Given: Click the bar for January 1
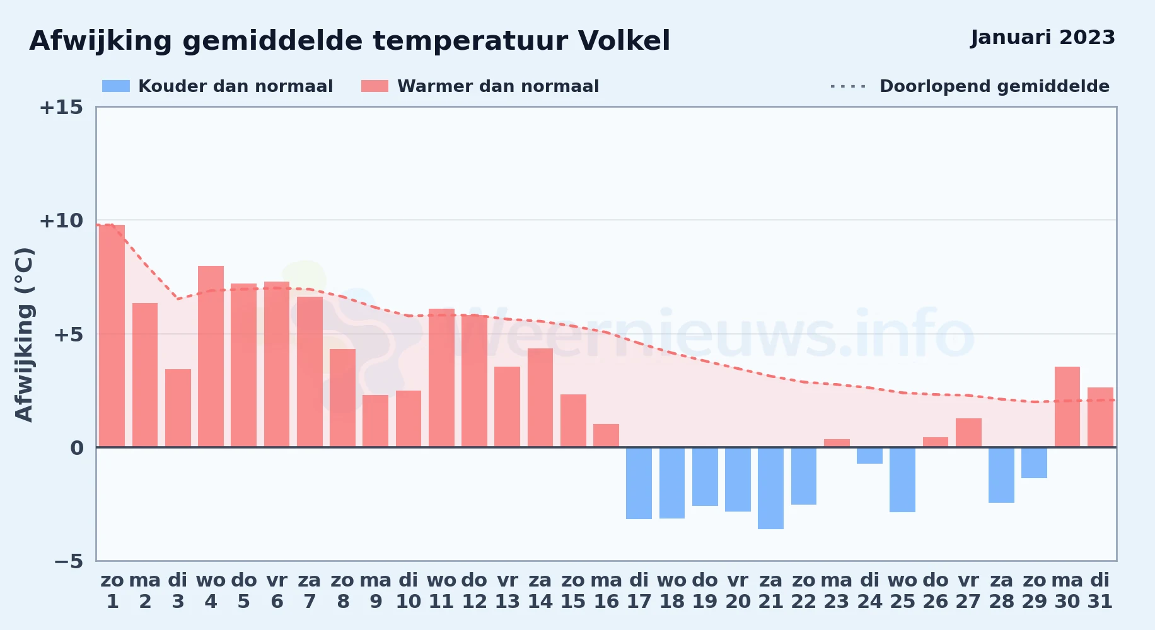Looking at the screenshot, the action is click(x=112, y=336).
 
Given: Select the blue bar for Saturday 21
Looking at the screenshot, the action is click(x=770, y=488).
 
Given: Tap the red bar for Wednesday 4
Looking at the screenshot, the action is click(x=211, y=357).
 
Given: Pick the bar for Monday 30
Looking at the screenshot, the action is click(x=1067, y=407).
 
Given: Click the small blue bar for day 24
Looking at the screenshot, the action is click(x=869, y=455).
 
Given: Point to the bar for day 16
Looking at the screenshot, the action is click(x=606, y=435).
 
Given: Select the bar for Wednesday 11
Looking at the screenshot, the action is click(x=441, y=378).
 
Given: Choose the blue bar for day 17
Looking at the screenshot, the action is click(x=639, y=483).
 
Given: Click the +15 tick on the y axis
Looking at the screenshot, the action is click(x=61, y=107).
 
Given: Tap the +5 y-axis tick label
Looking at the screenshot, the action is click(x=68, y=334).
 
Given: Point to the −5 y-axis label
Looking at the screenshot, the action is click(x=68, y=561).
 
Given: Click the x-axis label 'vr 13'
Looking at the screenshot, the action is click(x=507, y=591).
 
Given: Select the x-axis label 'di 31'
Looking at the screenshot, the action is click(x=1100, y=591).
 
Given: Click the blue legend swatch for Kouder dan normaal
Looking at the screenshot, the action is click(x=116, y=86).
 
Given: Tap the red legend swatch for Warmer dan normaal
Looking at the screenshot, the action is click(x=375, y=86).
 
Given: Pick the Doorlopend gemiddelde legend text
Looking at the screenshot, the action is click(x=994, y=86).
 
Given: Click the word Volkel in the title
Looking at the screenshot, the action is click(x=624, y=41).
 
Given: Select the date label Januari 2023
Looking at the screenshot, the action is click(x=1043, y=38).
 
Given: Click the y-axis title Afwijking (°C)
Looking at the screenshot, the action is click(x=24, y=335).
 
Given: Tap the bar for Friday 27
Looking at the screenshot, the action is click(x=968, y=433).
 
